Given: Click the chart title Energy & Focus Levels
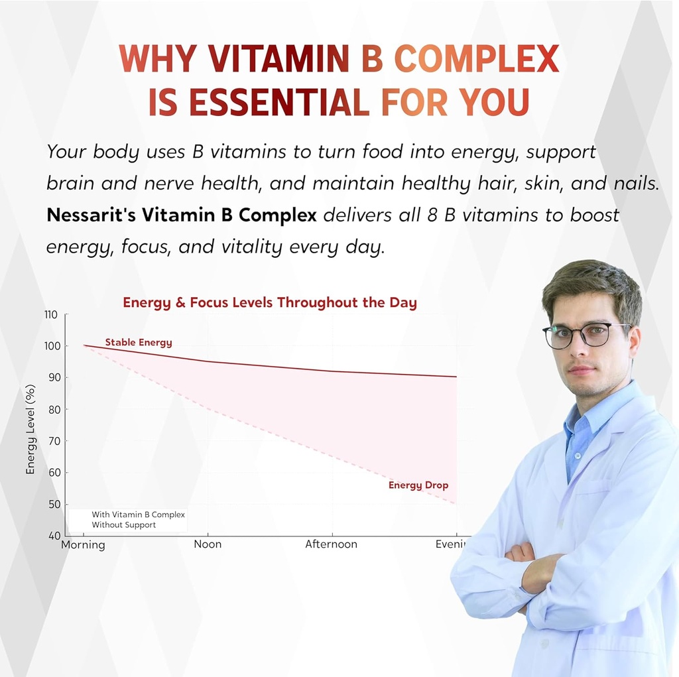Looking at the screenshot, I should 270,303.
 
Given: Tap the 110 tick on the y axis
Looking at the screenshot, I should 51,314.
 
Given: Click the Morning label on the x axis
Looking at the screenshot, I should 83,545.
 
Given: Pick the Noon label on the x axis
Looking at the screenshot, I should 208,544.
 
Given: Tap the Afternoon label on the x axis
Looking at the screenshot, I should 331,544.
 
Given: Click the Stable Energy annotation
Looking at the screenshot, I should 139,343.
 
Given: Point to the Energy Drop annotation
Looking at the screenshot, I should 418,485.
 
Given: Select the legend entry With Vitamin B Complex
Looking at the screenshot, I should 138,515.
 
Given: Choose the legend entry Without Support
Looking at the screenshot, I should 124,525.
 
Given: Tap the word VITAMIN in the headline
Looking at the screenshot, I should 278,60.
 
